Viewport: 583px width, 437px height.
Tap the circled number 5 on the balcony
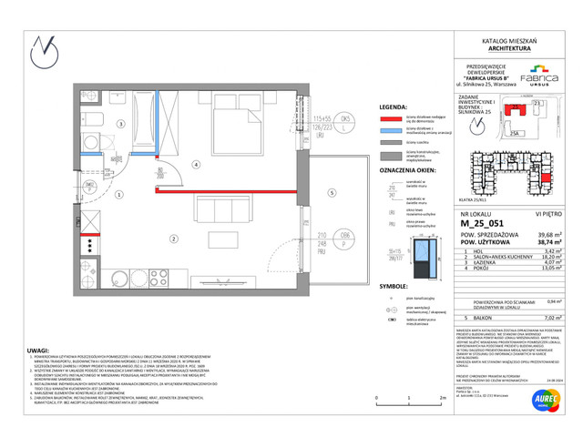[x=332, y=194]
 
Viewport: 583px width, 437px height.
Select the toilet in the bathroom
[x=96, y=123]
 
